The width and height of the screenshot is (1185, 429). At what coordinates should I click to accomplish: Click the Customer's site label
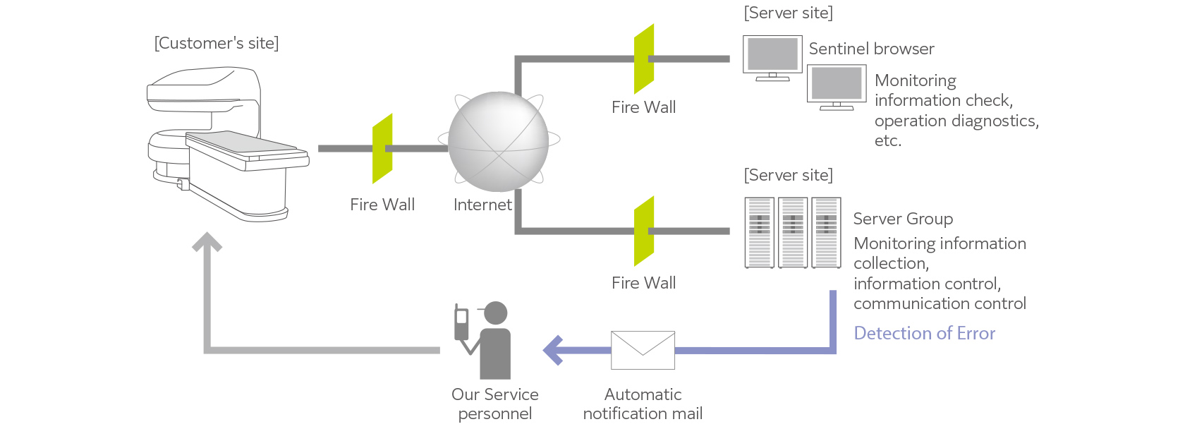pos(217,44)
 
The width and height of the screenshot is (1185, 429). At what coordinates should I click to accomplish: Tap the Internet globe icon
pos(498,141)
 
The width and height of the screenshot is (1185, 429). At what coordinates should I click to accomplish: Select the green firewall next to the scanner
pos(382,148)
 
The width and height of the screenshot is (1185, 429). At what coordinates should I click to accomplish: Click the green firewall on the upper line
pos(644,59)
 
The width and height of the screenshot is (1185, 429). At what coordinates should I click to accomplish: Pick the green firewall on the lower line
pos(644,231)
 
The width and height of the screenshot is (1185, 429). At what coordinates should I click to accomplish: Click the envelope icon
pos(643,350)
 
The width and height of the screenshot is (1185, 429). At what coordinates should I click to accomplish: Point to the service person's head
pos(496,313)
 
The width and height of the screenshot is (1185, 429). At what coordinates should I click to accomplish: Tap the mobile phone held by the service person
pos(461,322)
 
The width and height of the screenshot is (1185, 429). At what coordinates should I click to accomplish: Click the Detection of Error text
pos(924,333)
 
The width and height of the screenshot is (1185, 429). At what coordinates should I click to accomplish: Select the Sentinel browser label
pos(871,49)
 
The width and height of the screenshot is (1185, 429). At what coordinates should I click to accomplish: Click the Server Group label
pos(903,219)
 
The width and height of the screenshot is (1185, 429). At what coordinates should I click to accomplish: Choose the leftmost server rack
pos(760,233)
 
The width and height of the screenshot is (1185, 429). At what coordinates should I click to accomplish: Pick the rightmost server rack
pos(826,233)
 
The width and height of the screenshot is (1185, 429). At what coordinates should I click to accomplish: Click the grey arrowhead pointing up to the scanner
pos(207,243)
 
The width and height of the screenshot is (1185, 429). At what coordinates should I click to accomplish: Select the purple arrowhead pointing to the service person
pos(554,350)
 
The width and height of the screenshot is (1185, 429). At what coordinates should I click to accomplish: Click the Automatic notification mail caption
pos(643,404)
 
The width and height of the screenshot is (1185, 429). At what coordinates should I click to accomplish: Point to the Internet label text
pos(482,205)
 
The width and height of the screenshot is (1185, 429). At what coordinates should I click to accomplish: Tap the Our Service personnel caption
pos(495,404)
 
